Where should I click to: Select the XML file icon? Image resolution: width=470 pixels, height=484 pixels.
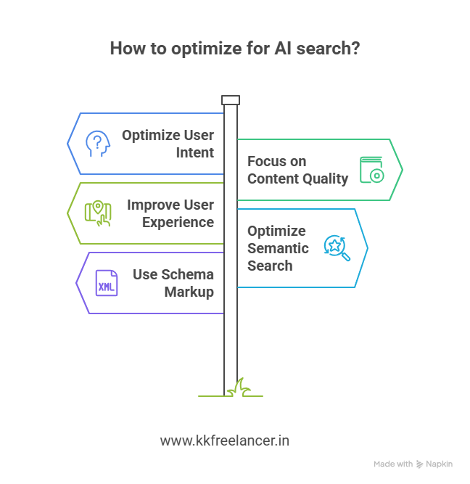point(107,282)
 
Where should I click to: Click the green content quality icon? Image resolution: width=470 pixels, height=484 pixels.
point(371,170)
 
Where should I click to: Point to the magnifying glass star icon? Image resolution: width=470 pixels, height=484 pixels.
point(337,247)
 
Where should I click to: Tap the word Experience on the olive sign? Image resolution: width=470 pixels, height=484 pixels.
point(178,222)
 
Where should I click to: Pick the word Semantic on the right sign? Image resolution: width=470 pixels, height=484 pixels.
point(278,248)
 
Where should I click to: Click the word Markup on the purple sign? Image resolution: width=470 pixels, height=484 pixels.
point(190,292)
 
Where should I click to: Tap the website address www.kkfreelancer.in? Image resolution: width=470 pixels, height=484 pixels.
point(225,440)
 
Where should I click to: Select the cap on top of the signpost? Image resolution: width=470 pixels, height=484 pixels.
point(231,100)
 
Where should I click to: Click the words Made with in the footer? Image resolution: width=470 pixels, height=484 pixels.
point(393,464)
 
